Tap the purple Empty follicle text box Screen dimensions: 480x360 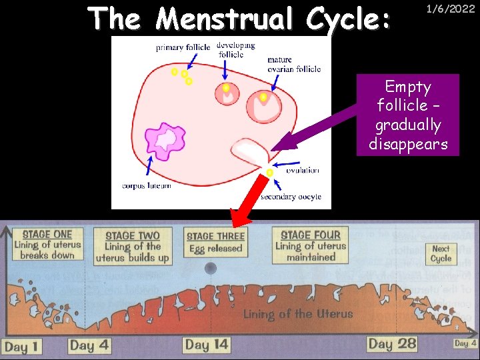(408, 115)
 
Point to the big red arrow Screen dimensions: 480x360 (247, 199)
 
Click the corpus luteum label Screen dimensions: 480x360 (147, 185)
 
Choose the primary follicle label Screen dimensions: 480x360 (183, 47)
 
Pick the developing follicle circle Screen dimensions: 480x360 (227, 93)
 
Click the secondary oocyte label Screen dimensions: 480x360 (291, 197)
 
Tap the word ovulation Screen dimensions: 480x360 (303, 171)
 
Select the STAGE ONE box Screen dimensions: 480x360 (47, 245)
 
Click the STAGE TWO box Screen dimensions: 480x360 (133, 245)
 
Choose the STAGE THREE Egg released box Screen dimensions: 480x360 (215, 242)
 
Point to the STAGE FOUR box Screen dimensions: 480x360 (311, 245)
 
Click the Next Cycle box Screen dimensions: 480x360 (441, 253)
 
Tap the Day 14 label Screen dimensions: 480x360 (207, 344)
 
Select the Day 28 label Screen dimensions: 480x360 (392, 343)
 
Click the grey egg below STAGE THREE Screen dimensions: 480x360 (211, 268)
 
